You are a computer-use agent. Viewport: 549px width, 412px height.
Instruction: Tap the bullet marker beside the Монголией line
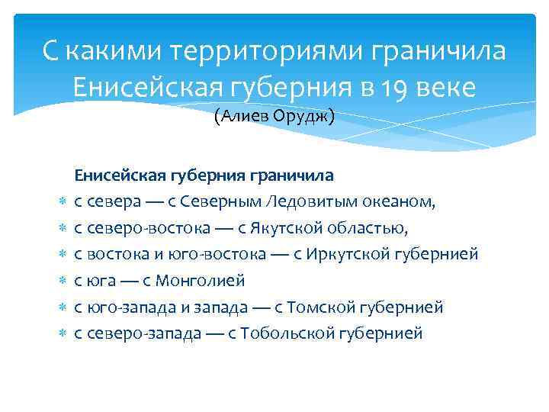[63, 281]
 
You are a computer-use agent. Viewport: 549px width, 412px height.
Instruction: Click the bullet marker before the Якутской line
[63, 228]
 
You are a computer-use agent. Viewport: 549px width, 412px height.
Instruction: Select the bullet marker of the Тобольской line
[63, 333]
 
